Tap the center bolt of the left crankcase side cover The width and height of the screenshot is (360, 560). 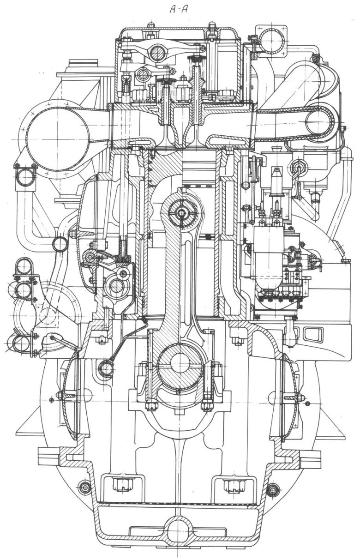click(x=60, y=395)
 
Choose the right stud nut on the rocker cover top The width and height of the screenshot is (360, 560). click(x=212, y=24)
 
